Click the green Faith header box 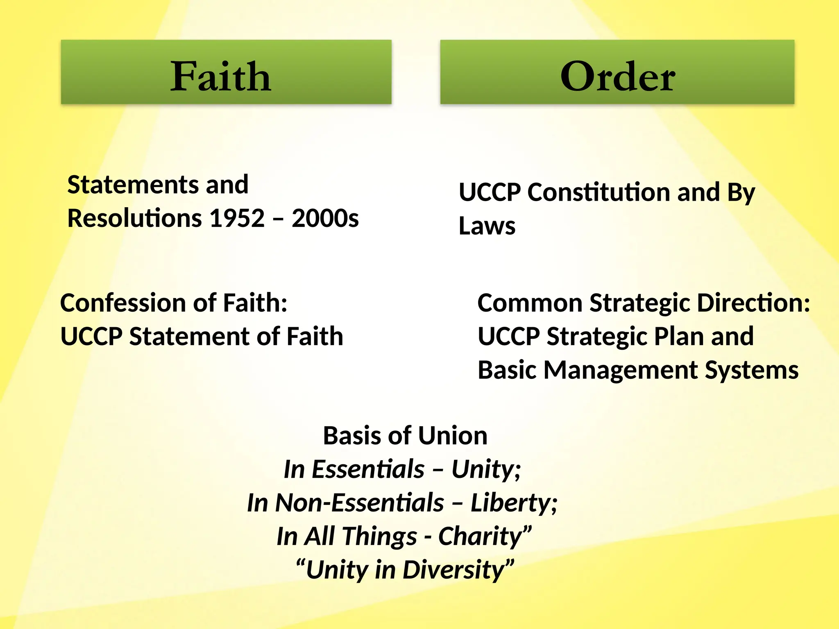pos(226,72)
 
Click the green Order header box pos(617,72)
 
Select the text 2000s pos(325,218)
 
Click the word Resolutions pos(135,218)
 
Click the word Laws pos(487,226)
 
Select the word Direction pos(753,303)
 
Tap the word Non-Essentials pos(359,503)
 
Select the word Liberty pos(513,503)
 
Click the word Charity pos(484,536)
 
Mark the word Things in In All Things pos(379,536)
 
